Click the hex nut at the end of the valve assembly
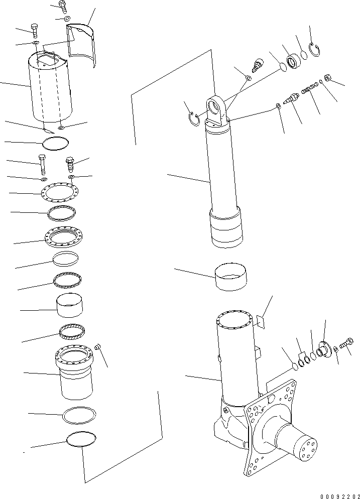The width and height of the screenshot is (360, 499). click(325, 78)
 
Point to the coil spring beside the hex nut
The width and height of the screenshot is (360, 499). click(307, 89)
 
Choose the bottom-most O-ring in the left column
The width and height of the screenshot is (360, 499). click(81, 439)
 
